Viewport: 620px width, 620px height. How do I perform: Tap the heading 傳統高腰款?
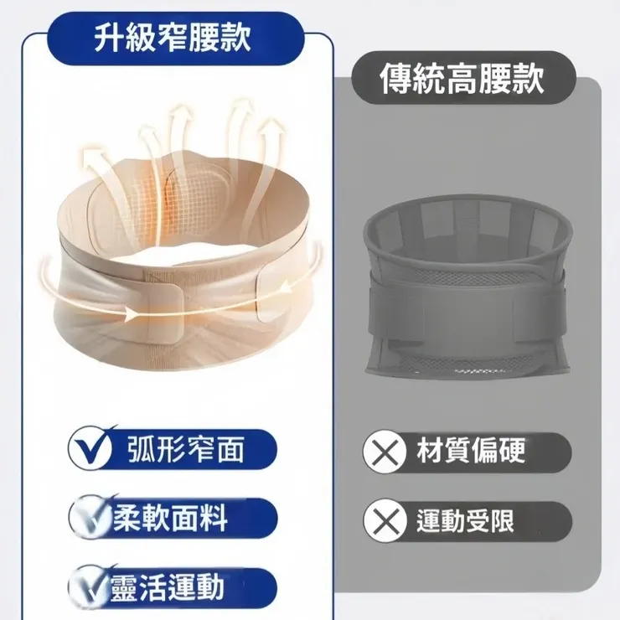click(x=462, y=80)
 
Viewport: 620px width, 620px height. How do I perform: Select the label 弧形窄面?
click(x=187, y=450)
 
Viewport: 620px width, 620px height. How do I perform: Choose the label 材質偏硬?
click(x=472, y=452)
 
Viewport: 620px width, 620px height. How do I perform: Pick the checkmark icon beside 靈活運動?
click(x=92, y=587)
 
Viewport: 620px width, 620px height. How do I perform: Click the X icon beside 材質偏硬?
click(x=384, y=452)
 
